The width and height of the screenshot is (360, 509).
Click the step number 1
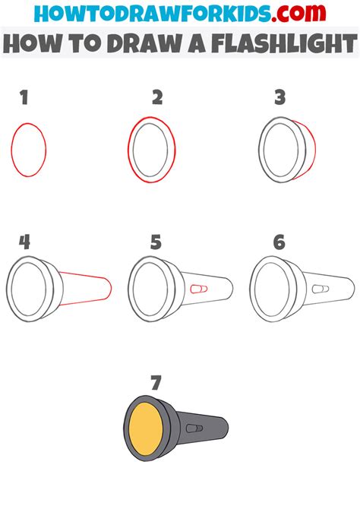pyautogui.click(x=24, y=97)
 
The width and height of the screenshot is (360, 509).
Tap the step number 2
pyautogui.click(x=157, y=97)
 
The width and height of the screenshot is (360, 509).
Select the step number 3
pyautogui.click(x=279, y=97)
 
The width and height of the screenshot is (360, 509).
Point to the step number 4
pyautogui.click(x=25, y=242)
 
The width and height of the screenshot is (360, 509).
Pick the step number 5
pyautogui.click(x=156, y=243)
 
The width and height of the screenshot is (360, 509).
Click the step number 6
pyautogui.click(x=279, y=242)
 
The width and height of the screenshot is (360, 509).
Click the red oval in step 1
pyautogui.click(x=29, y=150)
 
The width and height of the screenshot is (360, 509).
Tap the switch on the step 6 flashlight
pyautogui.click(x=320, y=289)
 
